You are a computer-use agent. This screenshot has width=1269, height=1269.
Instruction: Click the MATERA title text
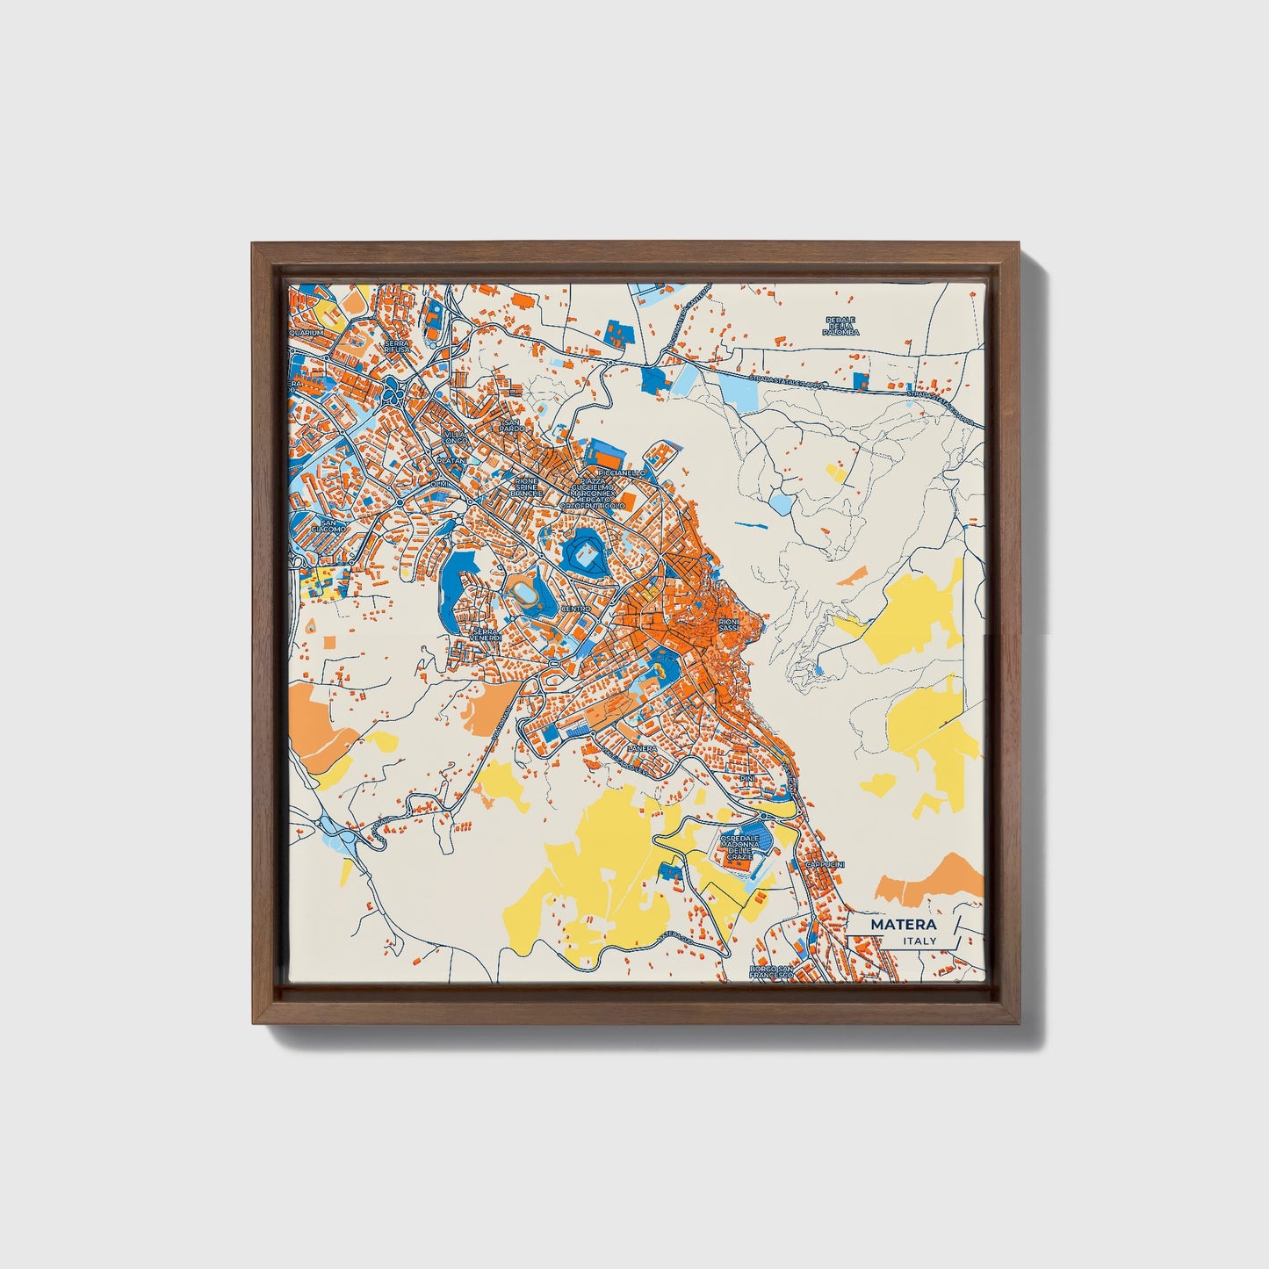coord(904,925)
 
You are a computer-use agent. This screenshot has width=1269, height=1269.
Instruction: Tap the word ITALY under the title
coord(919,941)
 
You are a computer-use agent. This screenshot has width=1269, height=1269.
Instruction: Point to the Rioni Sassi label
coord(728,624)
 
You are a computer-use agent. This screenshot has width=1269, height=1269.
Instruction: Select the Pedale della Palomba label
coord(840,327)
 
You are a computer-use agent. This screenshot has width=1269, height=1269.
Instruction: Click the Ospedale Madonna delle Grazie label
coord(739,847)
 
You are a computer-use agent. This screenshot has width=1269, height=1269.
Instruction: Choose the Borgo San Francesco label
coord(770,972)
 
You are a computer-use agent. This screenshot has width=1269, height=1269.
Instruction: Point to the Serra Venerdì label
coord(486,634)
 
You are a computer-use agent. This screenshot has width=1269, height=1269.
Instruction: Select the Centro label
coord(577,608)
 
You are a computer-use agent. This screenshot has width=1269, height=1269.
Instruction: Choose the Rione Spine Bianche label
coord(526,487)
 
